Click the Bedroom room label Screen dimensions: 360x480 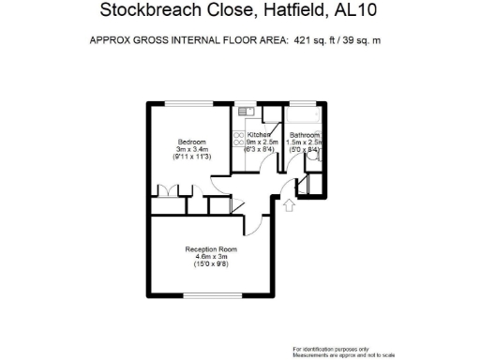point(191,142)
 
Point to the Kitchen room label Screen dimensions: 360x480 point(259,135)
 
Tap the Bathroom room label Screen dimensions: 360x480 point(305,135)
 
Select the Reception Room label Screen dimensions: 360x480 point(211,249)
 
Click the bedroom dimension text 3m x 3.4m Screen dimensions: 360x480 point(191,149)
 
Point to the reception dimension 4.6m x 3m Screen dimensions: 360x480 point(211,257)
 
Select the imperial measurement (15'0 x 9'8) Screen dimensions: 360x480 point(211,264)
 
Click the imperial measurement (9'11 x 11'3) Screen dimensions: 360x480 point(191,157)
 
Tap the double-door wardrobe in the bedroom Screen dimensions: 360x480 point(165,191)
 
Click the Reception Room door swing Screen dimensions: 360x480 point(253,223)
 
